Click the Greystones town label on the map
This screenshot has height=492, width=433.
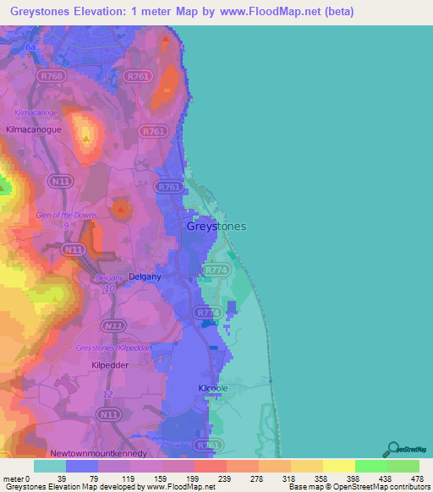216,226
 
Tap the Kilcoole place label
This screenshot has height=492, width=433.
214,387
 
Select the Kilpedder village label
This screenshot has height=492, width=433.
108,365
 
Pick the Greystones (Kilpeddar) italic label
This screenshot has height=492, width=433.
113,347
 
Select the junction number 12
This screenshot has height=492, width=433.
107,395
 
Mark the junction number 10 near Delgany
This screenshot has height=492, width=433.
108,289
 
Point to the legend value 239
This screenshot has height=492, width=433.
208,478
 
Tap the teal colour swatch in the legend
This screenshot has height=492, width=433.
49,466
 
